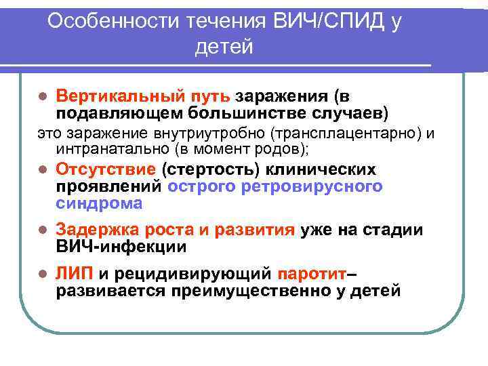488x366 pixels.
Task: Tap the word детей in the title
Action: (224, 47)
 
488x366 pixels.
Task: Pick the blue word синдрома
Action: (100, 203)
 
